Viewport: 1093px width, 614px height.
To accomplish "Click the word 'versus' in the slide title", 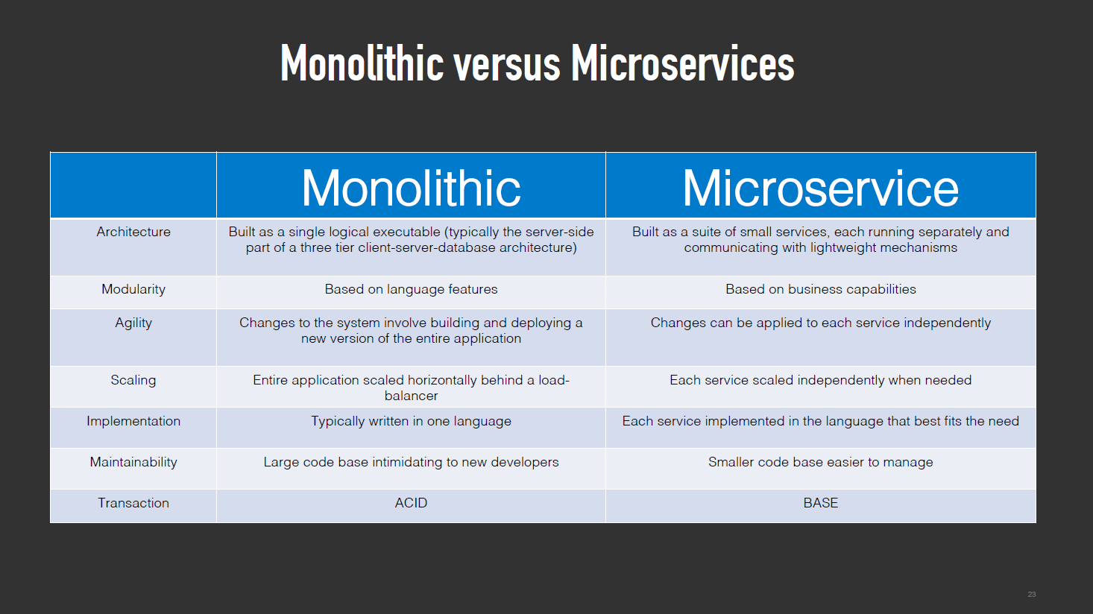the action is click(x=506, y=64).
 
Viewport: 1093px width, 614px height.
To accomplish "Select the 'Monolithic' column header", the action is click(x=411, y=189).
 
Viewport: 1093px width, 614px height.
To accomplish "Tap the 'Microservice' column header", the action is click(x=820, y=189).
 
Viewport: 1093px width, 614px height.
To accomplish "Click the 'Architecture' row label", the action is click(x=133, y=232).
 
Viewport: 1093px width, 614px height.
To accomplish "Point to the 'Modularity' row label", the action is click(x=133, y=290).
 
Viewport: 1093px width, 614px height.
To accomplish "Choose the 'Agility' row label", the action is click(x=133, y=323).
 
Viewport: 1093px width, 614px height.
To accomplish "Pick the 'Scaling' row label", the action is click(x=133, y=381).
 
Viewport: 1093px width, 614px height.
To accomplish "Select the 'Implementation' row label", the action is click(x=133, y=421).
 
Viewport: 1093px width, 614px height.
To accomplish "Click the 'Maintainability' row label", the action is click(x=133, y=462).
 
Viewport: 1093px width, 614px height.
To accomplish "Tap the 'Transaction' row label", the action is click(x=133, y=503).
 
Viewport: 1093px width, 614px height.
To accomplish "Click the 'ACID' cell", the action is click(x=411, y=503).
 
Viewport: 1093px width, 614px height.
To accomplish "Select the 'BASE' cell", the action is click(x=821, y=503).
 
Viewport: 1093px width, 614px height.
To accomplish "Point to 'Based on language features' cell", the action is click(x=411, y=290).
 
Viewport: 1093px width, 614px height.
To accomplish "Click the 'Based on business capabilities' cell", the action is click(x=821, y=290).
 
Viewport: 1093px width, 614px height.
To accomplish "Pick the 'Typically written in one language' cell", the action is click(x=411, y=421).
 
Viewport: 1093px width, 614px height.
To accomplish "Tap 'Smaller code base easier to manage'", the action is click(x=821, y=462).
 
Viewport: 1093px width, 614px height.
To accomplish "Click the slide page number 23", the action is click(x=1032, y=594).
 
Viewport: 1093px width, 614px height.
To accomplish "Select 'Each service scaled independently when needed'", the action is click(x=821, y=381).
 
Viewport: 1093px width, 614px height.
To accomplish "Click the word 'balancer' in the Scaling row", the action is click(x=411, y=396).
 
